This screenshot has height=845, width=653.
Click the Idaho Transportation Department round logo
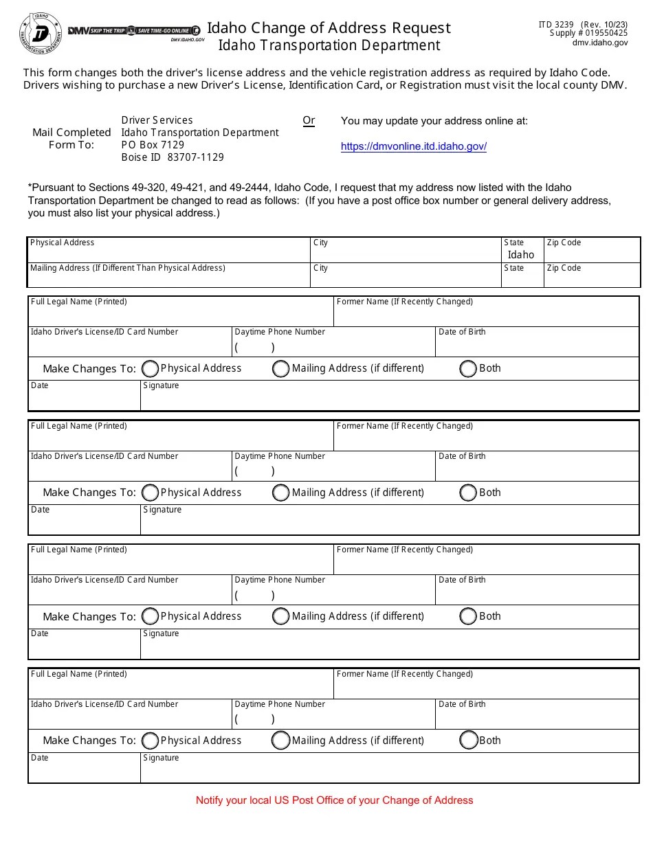click(x=41, y=32)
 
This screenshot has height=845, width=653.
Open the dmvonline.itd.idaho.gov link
click(x=413, y=146)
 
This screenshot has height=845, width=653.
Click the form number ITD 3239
click(x=555, y=24)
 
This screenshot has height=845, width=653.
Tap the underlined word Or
click(x=309, y=120)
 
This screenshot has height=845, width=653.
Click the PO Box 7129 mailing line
click(x=153, y=145)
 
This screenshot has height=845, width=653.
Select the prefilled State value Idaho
click(x=521, y=254)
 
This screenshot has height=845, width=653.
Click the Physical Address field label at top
click(x=63, y=243)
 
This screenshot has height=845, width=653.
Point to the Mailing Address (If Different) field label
click(x=128, y=268)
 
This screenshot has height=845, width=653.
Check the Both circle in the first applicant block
click(x=468, y=369)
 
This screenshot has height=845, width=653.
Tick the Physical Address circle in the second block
click(x=149, y=493)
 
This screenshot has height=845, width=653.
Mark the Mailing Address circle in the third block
click(x=280, y=616)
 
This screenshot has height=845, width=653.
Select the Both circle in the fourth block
click(x=468, y=740)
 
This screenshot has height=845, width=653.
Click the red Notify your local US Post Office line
click(x=334, y=800)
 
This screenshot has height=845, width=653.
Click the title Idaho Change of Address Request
click(x=329, y=27)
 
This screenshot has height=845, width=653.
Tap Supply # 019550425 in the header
click(x=588, y=33)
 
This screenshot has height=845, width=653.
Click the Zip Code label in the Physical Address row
click(x=564, y=243)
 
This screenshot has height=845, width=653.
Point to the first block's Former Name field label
click(x=403, y=302)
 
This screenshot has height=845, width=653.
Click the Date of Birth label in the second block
click(x=462, y=456)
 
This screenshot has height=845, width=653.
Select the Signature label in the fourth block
click(x=161, y=758)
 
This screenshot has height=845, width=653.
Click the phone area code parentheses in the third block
click(x=254, y=595)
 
